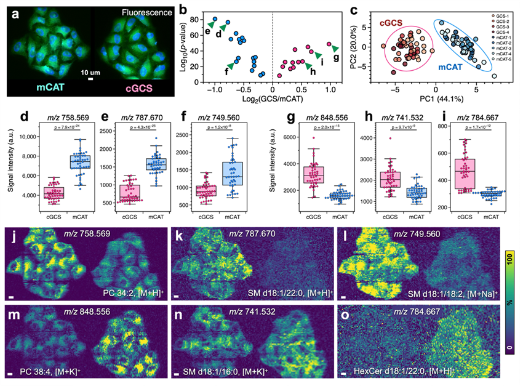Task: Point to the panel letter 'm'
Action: [x=12, y=305]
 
